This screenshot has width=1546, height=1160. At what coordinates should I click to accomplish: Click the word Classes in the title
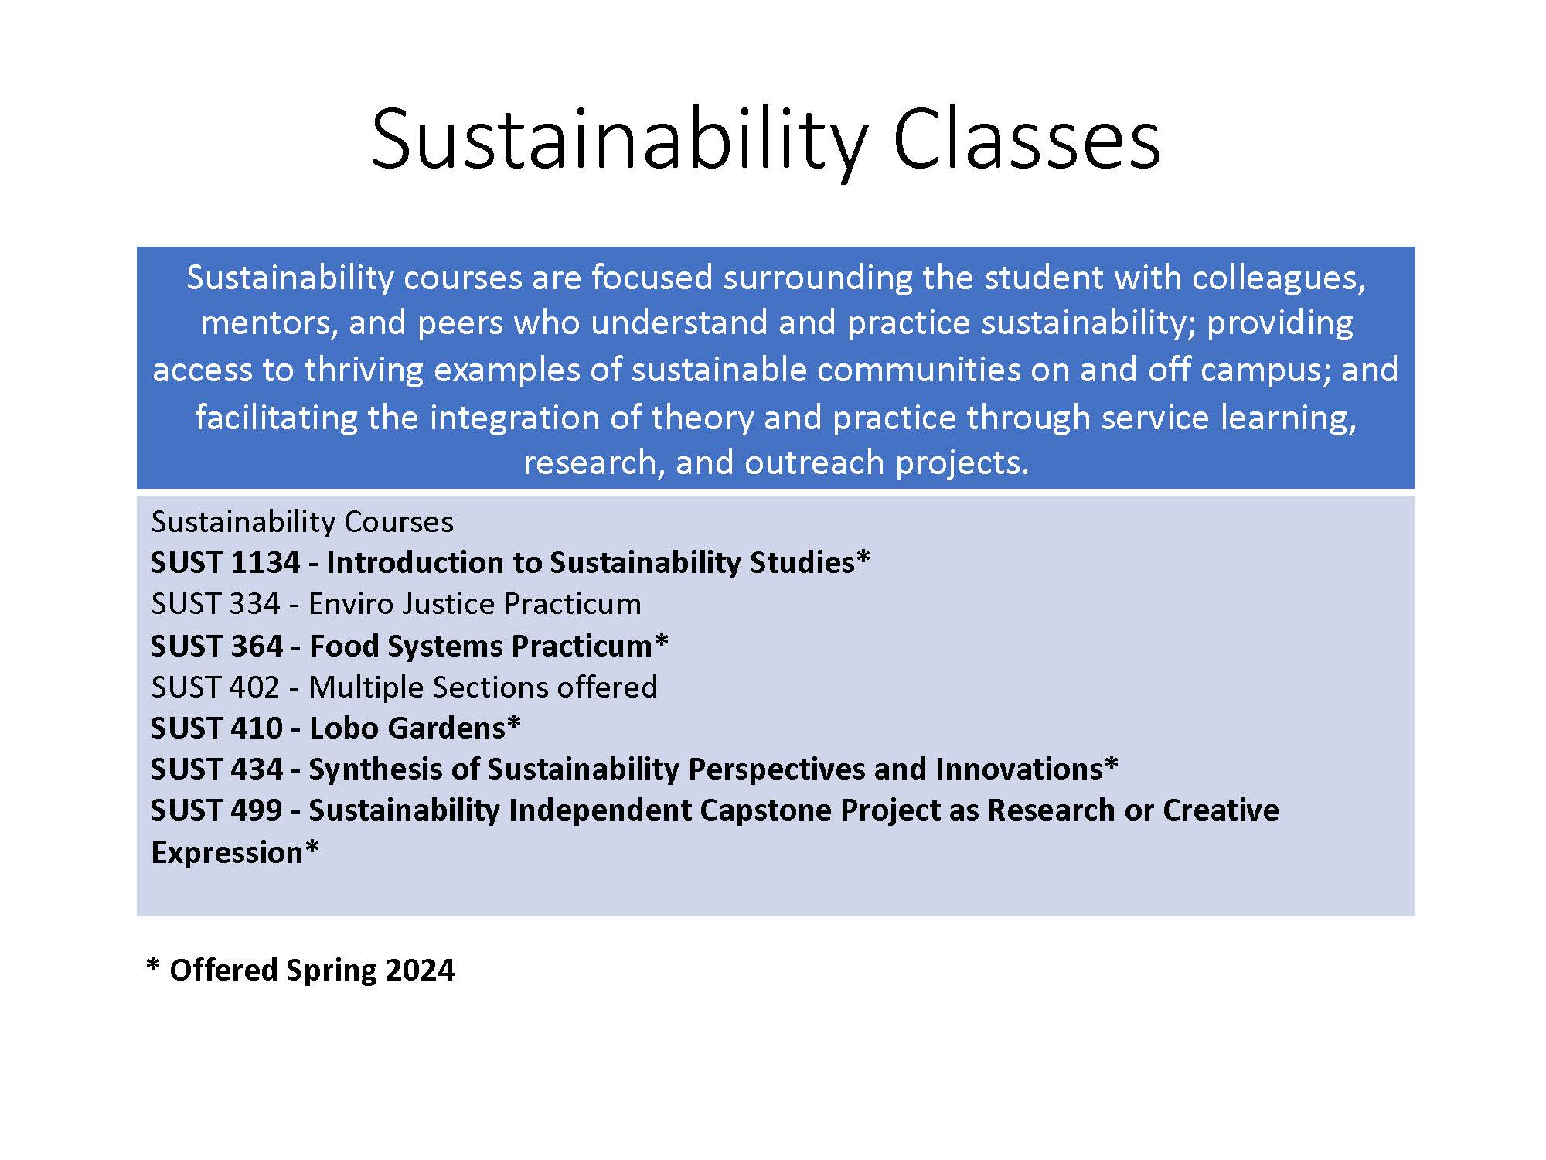1026,139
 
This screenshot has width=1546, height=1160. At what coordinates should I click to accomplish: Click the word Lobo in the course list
343,728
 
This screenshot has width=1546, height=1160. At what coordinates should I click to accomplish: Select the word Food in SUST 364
343,646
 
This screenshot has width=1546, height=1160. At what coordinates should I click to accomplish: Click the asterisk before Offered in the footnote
153,967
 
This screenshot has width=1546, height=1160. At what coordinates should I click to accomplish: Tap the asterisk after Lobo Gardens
514,724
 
